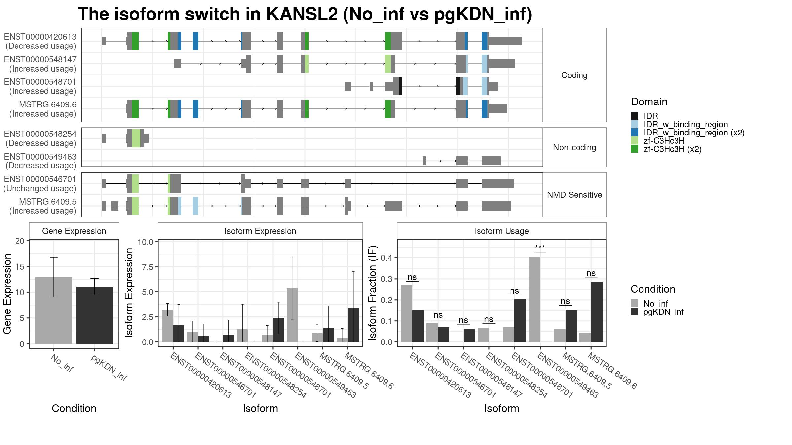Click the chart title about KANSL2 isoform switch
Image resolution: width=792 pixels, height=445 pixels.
305,14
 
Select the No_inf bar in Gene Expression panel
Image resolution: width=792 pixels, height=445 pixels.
54,311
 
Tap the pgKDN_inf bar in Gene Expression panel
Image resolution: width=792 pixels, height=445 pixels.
94,315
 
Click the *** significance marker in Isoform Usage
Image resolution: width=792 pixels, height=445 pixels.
540,247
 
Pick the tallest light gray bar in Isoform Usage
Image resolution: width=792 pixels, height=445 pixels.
534,300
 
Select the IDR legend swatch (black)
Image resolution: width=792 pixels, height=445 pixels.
635,116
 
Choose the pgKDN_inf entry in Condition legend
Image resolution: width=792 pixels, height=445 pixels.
663,312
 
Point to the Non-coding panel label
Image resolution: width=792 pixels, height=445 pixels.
575,147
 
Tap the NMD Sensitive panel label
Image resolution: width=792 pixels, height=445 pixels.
575,195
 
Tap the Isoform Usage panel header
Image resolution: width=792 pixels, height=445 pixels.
502,231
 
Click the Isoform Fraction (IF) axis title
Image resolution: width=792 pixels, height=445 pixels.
373,293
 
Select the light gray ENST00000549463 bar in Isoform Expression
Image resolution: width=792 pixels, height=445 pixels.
292,315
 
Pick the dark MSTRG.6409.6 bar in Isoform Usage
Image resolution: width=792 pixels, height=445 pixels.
597,312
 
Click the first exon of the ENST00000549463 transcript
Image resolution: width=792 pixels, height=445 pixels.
424,161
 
